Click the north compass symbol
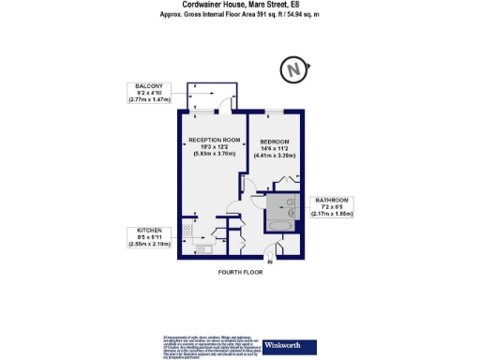coord(293,69)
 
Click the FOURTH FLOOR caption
coord(239,272)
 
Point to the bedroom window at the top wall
coord(274,112)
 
